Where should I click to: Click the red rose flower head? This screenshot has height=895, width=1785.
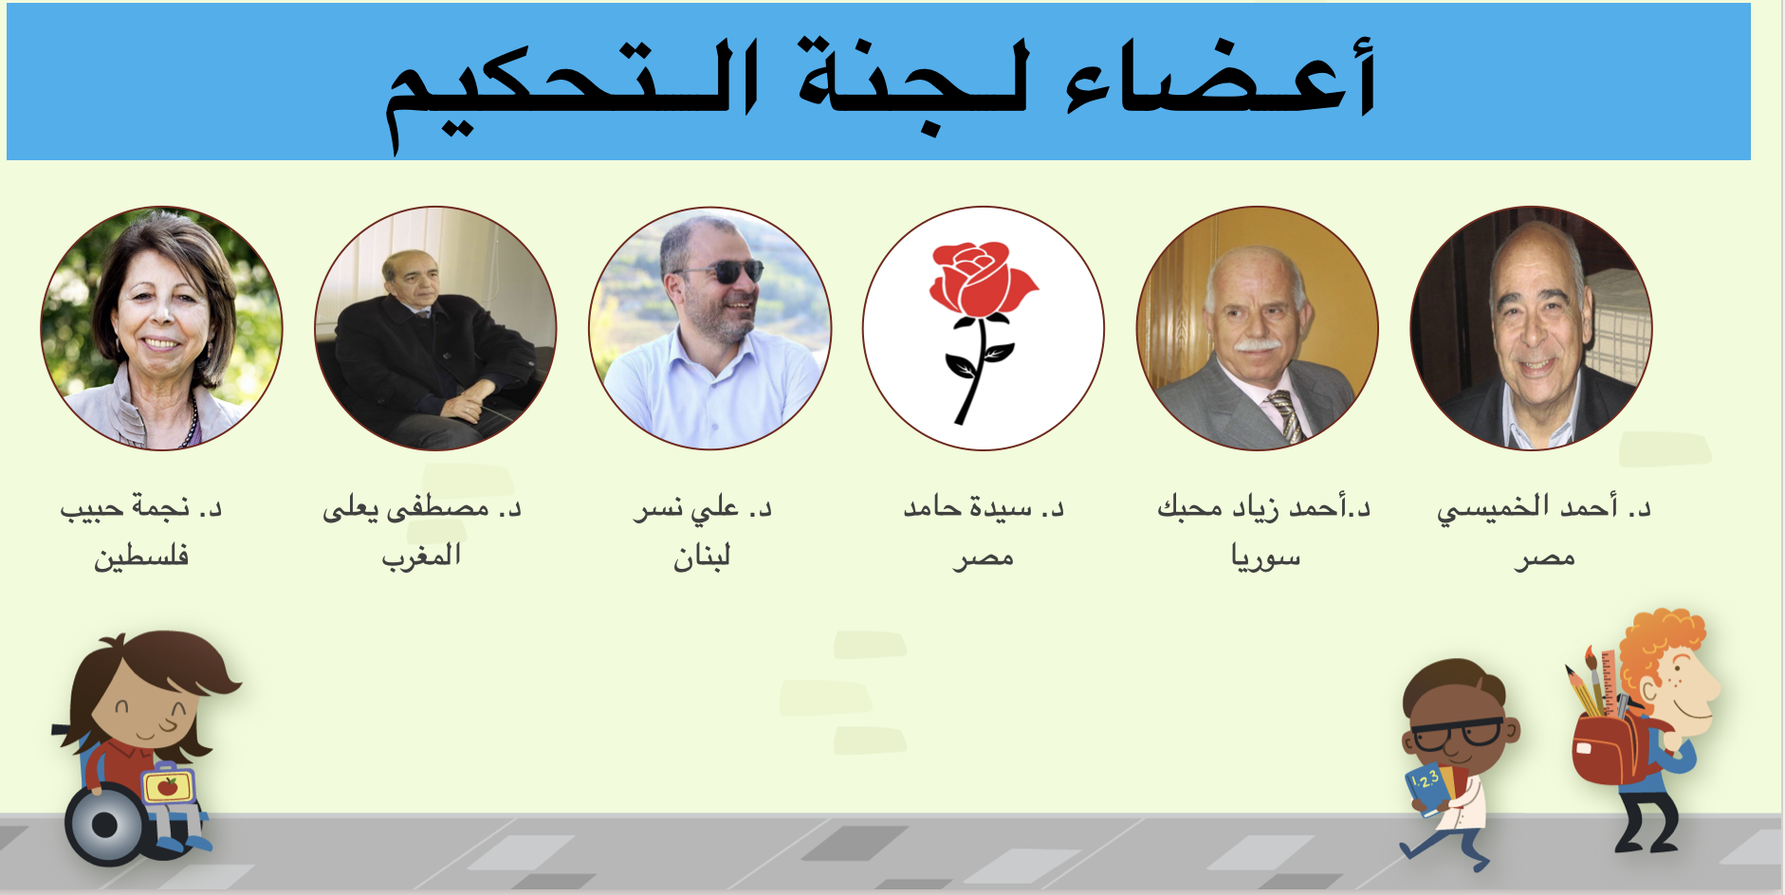click(x=982, y=278)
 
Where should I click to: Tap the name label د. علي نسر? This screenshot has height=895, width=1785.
click(x=703, y=509)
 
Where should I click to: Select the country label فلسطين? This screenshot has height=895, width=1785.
click(x=141, y=556)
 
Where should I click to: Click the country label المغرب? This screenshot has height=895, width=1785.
click(x=421, y=555)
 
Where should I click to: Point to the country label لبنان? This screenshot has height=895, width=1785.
click(x=702, y=556)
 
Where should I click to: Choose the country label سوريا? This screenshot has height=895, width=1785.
click(x=1265, y=556)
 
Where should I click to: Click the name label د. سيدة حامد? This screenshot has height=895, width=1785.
click(x=984, y=508)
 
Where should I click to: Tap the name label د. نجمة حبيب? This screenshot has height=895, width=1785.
click(x=140, y=508)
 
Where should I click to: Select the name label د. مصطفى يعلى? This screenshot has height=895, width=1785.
click(x=422, y=509)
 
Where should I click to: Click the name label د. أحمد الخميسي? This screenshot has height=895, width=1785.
click(x=1544, y=509)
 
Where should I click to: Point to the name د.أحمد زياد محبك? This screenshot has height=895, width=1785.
click(x=1264, y=508)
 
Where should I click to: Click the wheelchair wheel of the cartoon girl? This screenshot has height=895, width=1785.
click(x=105, y=824)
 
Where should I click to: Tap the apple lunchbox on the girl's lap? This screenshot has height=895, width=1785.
click(x=168, y=784)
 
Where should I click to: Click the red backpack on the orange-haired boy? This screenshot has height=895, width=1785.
click(x=1612, y=749)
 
